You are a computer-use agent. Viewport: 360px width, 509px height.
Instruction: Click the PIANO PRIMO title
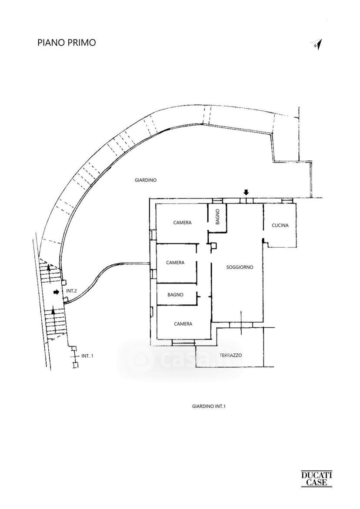[x=67, y=43]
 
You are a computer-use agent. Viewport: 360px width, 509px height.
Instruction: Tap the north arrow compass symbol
[x=317, y=44]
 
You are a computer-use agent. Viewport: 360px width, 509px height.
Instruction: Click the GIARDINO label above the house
[x=146, y=180]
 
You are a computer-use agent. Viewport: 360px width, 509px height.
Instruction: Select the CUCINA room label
[x=280, y=225]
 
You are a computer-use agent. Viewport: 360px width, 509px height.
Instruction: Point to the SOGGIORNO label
[x=240, y=267]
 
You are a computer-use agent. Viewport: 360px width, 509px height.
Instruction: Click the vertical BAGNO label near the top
[x=217, y=216]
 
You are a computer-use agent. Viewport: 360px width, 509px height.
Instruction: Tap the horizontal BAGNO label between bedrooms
[x=175, y=295]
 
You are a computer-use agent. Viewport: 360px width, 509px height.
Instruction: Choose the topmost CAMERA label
[x=183, y=223]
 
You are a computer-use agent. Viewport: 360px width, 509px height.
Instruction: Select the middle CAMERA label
[x=175, y=263]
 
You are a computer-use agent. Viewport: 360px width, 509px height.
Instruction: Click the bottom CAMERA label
[x=183, y=324]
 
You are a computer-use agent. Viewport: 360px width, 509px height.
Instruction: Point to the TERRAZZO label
[x=231, y=356]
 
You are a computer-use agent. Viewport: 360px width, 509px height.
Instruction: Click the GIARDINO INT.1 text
[x=209, y=406]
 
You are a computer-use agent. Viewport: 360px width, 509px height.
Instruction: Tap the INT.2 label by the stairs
[x=71, y=291]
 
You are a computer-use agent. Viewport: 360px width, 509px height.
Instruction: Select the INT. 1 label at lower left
[x=87, y=356]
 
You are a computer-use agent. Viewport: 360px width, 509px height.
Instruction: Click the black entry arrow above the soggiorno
[x=246, y=193]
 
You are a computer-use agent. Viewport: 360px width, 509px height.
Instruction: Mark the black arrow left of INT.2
[x=57, y=292]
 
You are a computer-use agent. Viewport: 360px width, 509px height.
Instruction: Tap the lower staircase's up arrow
[x=53, y=317]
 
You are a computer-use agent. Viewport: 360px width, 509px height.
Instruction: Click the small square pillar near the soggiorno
[x=213, y=246]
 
